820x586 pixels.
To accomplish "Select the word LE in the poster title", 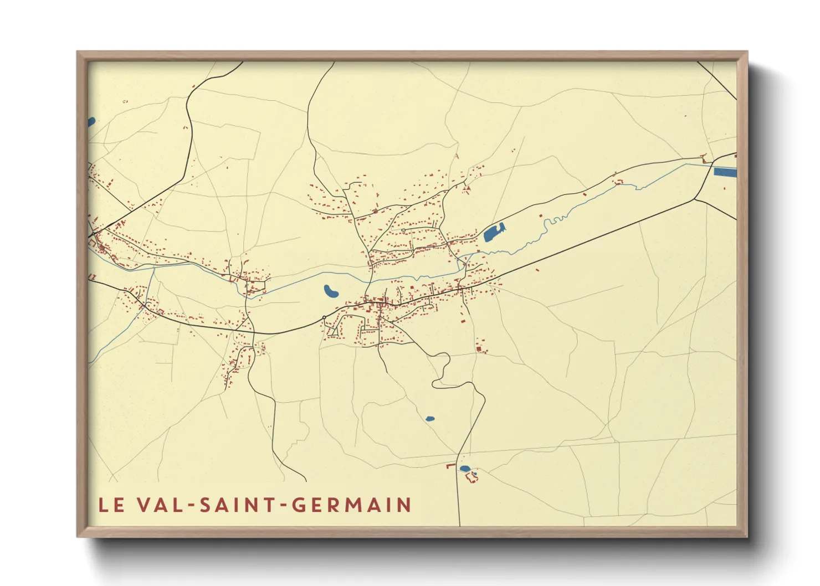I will click(x=111, y=505).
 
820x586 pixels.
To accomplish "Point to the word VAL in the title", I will click(x=159, y=505).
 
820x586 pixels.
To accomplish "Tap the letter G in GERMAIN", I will click(x=299, y=505).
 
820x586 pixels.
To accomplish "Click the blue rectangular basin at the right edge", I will click(x=725, y=172).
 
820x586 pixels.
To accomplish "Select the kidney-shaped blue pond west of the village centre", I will click(x=331, y=292).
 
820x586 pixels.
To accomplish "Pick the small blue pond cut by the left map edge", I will click(x=91, y=121).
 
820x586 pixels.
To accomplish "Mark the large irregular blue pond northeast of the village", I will click(x=494, y=233).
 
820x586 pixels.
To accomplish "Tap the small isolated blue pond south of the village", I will click(x=430, y=419).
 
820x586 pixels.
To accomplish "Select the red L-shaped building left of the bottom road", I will click(x=450, y=465).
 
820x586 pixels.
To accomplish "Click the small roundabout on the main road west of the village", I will click(x=324, y=317).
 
